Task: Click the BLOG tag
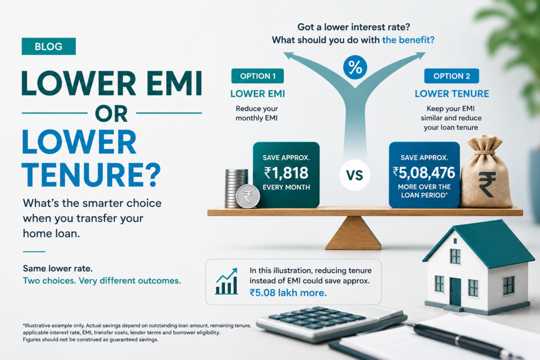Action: click(49, 46)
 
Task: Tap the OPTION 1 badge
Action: click(257, 76)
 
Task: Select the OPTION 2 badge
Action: click(451, 76)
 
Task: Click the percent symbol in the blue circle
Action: click(355, 67)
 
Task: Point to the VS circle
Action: click(355, 175)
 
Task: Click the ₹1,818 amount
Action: click(286, 172)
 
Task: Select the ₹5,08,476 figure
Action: click(424, 172)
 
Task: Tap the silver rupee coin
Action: click(248, 197)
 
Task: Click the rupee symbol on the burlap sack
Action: click(487, 184)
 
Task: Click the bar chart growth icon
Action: click(227, 281)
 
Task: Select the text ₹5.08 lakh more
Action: click(288, 293)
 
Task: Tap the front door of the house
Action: click(455, 291)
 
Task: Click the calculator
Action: click(331, 324)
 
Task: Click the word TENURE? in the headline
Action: click(91, 175)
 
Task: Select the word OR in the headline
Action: click(111, 113)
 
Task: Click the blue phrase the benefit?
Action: click(409, 40)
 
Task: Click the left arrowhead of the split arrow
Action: click(290, 56)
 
